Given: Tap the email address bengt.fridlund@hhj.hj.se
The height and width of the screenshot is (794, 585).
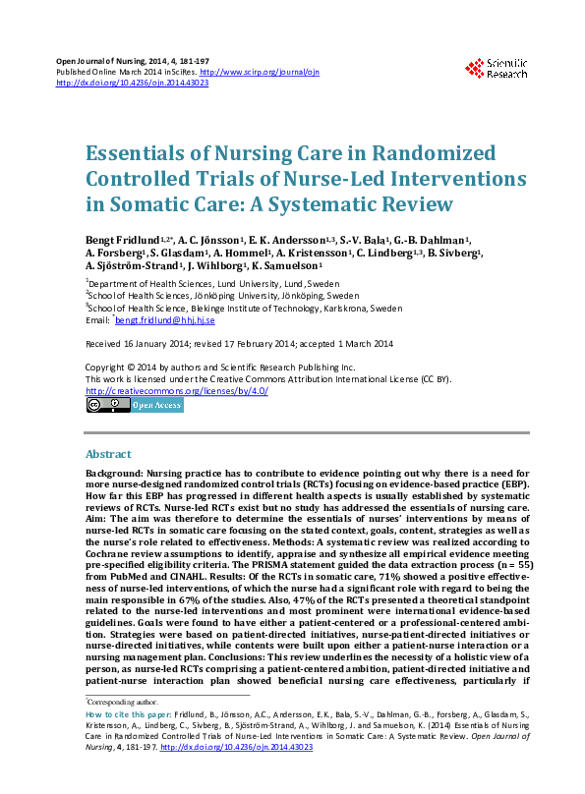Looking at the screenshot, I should click(165, 319).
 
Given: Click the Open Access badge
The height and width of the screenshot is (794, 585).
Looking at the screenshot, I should click(156, 404).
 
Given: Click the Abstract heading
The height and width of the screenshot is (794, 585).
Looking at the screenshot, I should click(108, 455).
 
